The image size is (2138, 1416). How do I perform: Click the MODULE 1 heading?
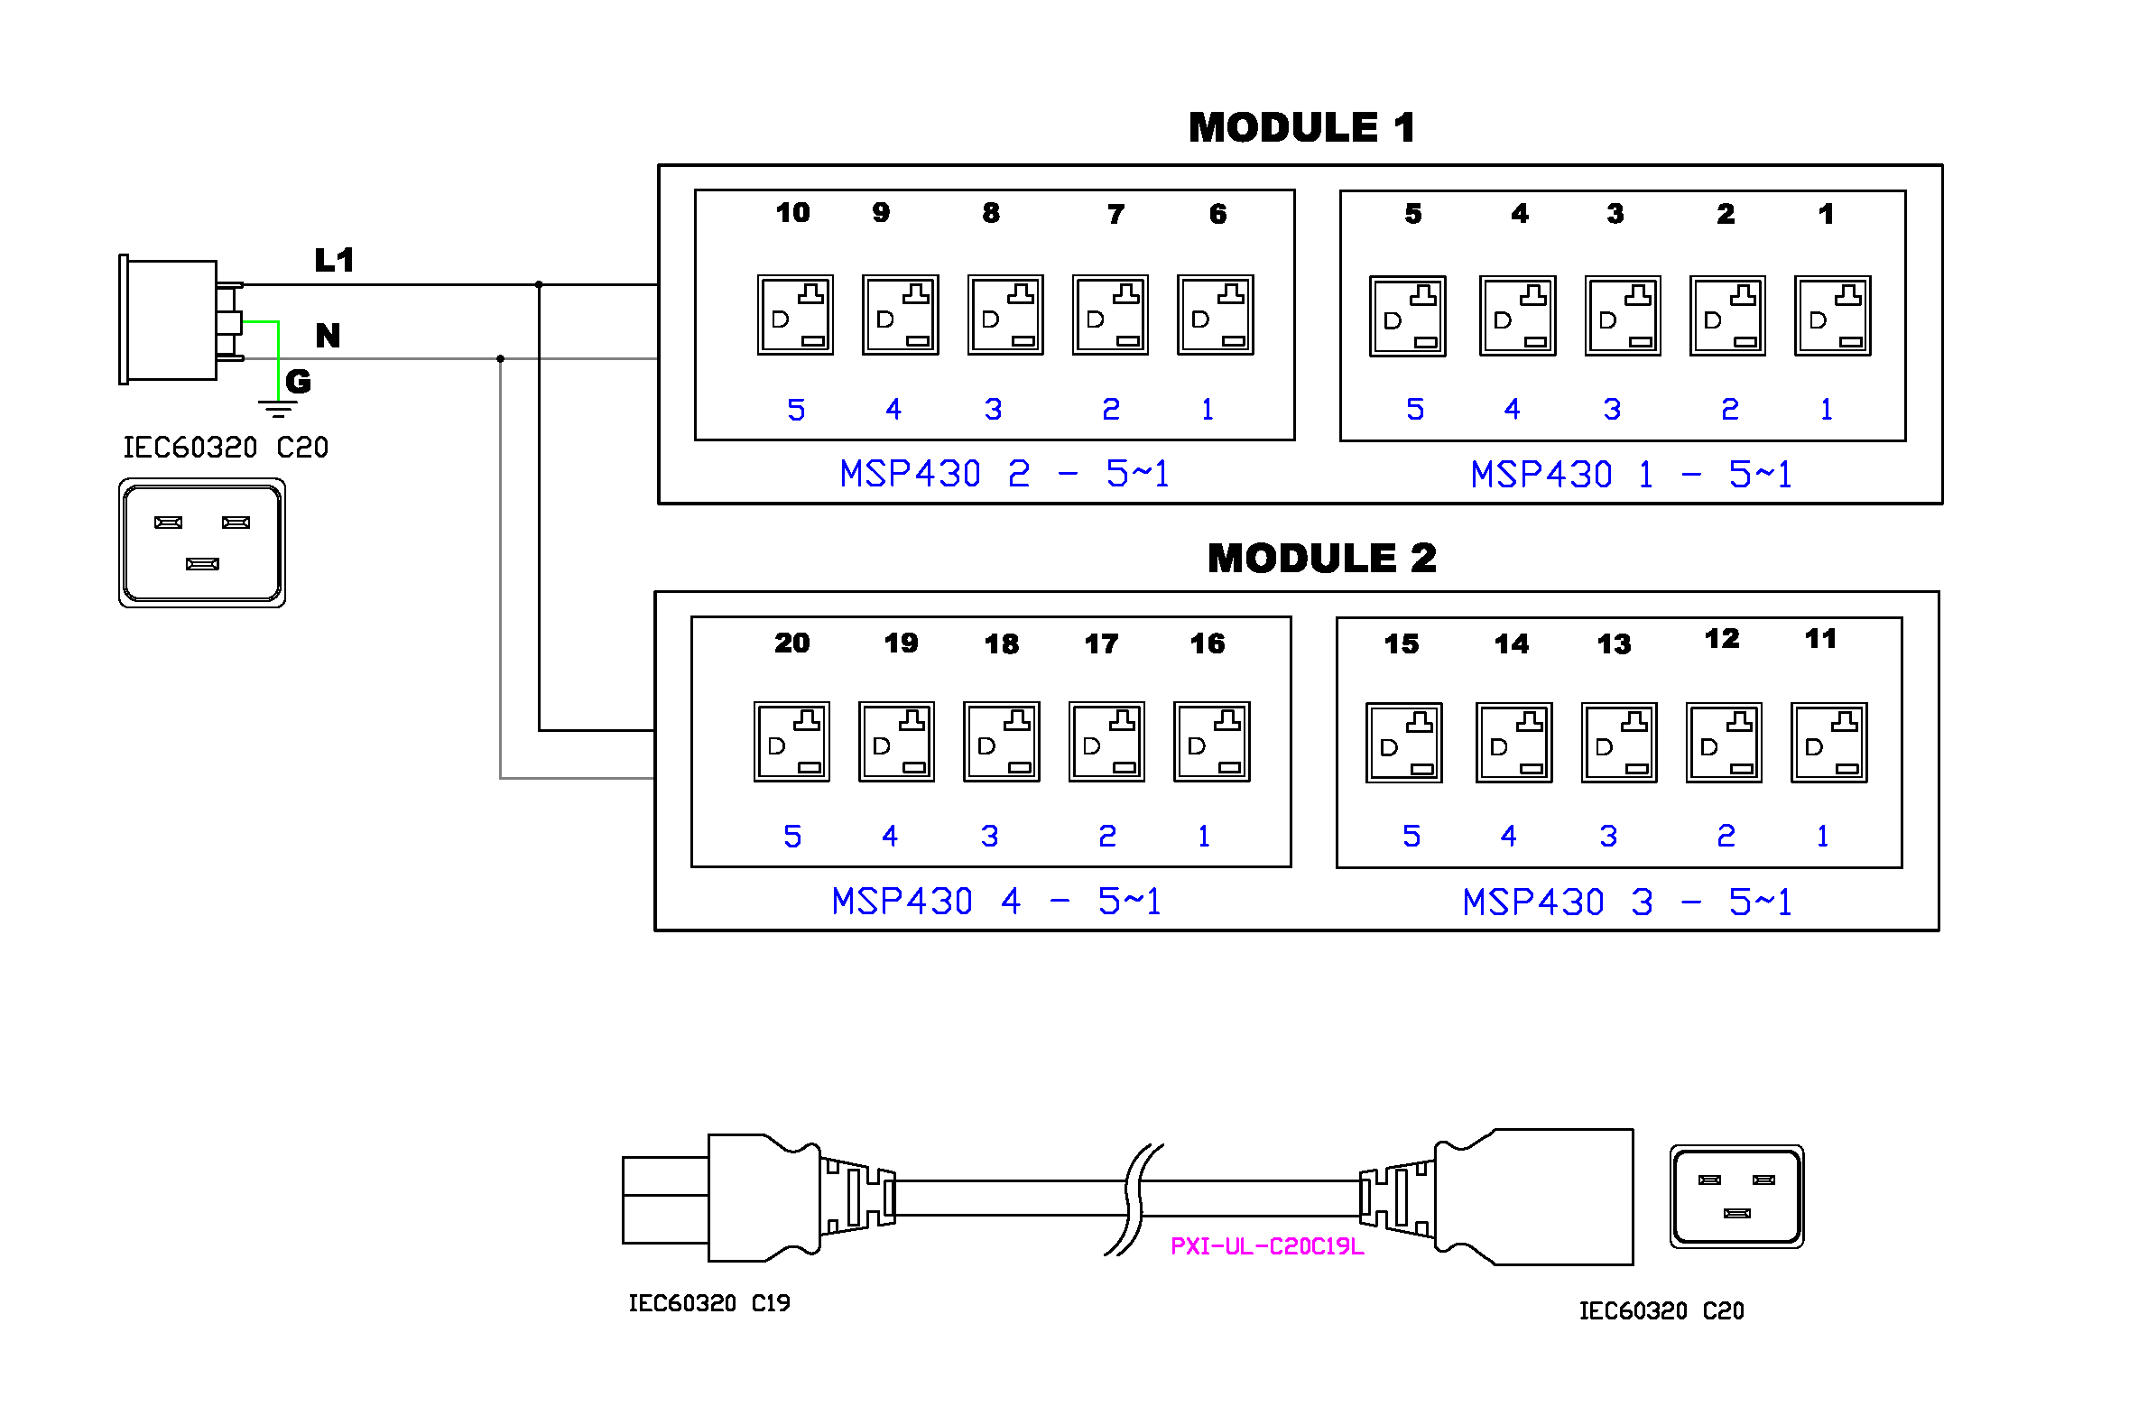[1301, 127]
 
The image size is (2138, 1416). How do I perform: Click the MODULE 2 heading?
[1321, 558]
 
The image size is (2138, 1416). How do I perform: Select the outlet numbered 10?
[794, 315]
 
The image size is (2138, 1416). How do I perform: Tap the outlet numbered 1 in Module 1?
[1832, 316]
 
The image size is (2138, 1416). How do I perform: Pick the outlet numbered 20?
[791, 742]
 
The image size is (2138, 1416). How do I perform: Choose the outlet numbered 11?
[1828, 743]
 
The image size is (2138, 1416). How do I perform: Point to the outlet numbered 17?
[1106, 742]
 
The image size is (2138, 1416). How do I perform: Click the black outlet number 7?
[1116, 214]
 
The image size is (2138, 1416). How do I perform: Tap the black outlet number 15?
[1402, 643]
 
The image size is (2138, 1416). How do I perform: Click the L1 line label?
[334, 260]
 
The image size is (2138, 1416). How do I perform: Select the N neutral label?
[328, 336]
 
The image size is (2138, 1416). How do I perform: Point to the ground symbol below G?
[278, 409]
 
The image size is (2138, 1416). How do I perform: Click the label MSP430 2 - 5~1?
[1004, 474]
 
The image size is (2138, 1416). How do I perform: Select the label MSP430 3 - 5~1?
[1627, 902]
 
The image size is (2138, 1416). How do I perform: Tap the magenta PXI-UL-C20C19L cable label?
[1267, 1246]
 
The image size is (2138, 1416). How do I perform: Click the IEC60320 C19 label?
[708, 1303]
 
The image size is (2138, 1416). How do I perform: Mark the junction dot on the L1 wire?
[539, 284]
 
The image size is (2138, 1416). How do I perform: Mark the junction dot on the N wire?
[500, 358]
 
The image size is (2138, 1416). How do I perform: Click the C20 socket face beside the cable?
[1736, 1197]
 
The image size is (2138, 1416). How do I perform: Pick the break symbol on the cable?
[1134, 1199]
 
